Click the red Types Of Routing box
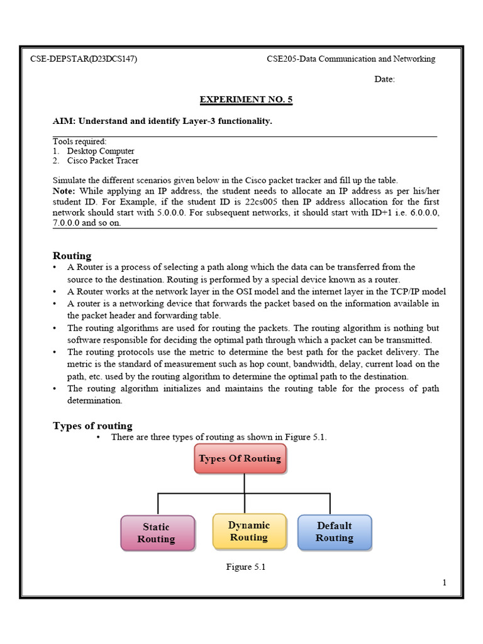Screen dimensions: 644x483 point(240,458)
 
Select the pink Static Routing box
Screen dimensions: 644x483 point(157,533)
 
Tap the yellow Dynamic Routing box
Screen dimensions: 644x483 point(249,531)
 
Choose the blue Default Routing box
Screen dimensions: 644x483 point(334,531)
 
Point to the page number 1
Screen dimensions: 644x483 point(444,582)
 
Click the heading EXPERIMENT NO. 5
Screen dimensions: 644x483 point(246,99)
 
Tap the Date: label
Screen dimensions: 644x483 point(385,79)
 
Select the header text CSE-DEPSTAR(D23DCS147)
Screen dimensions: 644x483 point(84,59)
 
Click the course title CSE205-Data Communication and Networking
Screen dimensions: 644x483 point(351,59)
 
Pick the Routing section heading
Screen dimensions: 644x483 point(72,255)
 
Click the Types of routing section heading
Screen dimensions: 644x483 point(92,426)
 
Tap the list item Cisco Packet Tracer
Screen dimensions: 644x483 point(103,160)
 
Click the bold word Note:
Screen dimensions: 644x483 point(65,191)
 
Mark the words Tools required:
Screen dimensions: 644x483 point(79,142)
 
